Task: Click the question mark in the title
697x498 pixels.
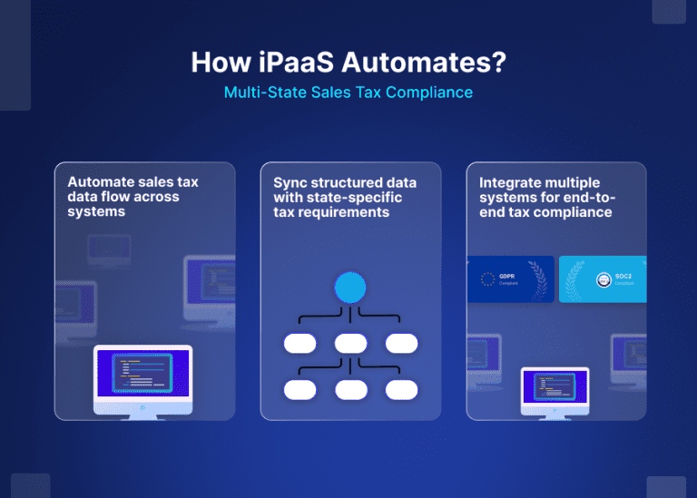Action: [x=497, y=63]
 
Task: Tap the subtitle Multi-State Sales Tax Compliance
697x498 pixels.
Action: [x=348, y=93]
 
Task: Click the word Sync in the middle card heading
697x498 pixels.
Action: [x=291, y=182]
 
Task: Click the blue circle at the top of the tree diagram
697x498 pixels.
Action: [x=350, y=288]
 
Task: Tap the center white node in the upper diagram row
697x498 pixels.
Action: [x=350, y=344]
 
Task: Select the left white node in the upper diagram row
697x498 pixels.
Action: [x=299, y=344]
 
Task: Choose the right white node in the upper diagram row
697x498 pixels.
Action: [x=401, y=344]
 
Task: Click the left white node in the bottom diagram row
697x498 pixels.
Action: [x=299, y=389]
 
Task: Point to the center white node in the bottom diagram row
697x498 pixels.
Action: [x=350, y=389]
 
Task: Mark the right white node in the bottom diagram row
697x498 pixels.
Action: [x=401, y=389]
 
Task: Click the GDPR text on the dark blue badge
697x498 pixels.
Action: [x=507, y=276]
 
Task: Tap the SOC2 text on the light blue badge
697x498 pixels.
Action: [x=623, y=276]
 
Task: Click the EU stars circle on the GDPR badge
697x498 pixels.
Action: [x=486, y=279]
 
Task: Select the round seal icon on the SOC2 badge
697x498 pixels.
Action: [x=604, y=279]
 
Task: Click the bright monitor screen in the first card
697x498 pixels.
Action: [x=143, y=372]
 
